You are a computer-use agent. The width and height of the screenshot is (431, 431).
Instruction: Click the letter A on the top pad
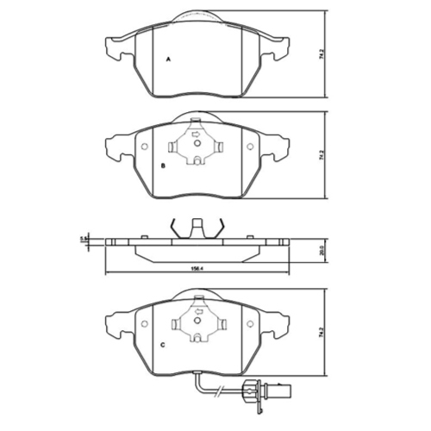pyautogui.click(x=167, y=59)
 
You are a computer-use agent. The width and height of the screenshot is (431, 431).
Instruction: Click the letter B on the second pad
pyautogui.click(x=163, y=164)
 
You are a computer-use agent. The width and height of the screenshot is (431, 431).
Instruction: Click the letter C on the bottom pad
pyautogui.click(x=163, y=345)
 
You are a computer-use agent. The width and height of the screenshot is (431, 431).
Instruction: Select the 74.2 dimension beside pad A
pyautogui.click(x=322, y=53)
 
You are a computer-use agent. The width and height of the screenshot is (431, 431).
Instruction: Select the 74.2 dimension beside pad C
pyautogui.click(x=322, y=329)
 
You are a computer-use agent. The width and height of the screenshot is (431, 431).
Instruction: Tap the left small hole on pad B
pyautogui.click(x=144, y=147)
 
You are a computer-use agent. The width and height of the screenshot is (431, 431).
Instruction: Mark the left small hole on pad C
pyautogui.click(x=144, y=325)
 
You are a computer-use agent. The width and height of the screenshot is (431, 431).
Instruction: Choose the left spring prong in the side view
pyautogui.click(x=173, y=228)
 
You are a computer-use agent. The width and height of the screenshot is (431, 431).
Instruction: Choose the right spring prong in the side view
pyautogui.click(x=221, y=228)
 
